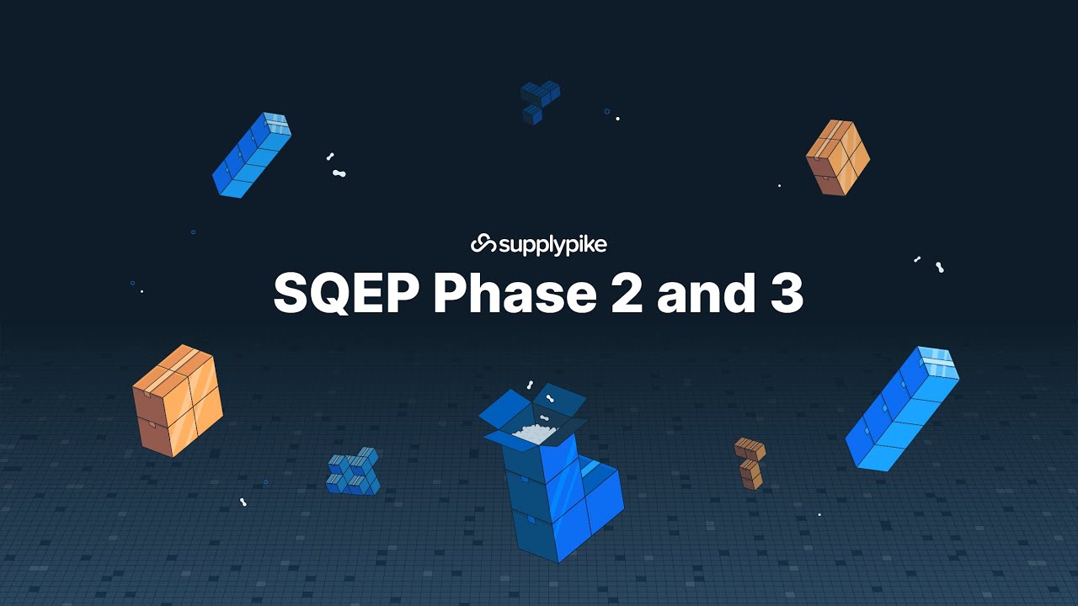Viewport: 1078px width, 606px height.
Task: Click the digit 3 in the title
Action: tap(785, 293)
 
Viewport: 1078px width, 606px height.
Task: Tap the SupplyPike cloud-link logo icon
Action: tap(483, 244)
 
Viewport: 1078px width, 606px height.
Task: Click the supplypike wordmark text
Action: tap(552, 245)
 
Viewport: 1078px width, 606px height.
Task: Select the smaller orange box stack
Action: tap(837, 157)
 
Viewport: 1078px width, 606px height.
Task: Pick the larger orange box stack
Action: tap(177, 401)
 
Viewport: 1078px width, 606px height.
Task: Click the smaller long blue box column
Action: tap(251, 155)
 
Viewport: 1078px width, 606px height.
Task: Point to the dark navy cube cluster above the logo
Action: tap(539, 100)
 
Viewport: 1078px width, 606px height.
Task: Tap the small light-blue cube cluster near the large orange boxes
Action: tap(354, 471)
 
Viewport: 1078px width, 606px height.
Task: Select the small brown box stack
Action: tap(750, 462)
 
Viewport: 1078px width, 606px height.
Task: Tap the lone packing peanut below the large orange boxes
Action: tap(243, 502)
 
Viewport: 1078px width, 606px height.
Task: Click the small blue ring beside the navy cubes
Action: tap(606, 111)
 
